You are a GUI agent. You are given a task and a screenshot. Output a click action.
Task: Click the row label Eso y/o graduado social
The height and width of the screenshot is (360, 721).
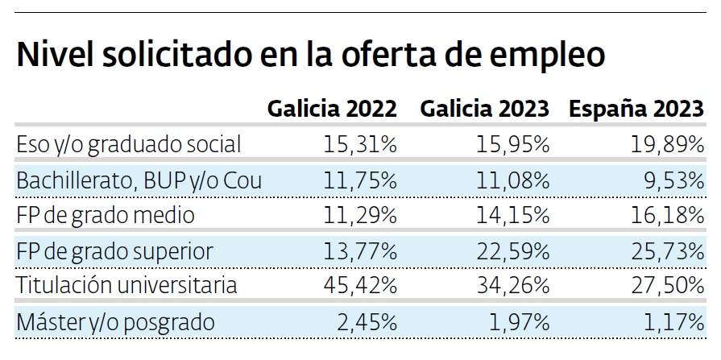(129, 145)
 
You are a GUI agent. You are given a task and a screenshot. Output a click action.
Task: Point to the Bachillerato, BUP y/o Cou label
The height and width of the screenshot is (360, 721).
(139, 180)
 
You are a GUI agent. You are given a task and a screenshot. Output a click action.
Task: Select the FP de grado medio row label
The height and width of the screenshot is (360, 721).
(106, 216)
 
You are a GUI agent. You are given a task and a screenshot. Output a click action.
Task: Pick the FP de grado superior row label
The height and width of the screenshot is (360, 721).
(115, 251)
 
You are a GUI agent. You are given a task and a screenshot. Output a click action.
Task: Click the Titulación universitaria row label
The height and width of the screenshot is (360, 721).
(127, 286)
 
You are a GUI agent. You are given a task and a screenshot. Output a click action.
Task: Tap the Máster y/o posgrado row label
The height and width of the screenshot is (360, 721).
(116, 322)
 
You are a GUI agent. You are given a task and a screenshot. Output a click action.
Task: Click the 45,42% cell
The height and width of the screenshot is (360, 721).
(360, 286)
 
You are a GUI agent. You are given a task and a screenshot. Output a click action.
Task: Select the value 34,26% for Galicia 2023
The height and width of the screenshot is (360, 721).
(512, 286)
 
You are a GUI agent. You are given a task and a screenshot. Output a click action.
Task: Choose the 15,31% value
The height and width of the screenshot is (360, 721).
(360, 145)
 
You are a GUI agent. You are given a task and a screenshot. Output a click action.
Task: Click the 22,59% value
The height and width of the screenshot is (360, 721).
(512, 251)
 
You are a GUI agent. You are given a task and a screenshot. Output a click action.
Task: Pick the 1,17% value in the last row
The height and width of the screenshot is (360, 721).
(674, 322)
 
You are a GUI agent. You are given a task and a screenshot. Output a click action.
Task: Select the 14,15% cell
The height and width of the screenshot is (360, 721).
(512, 216)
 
